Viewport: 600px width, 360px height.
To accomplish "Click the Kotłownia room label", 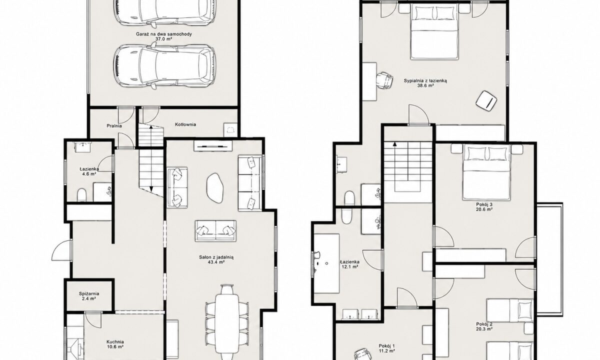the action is (185, 124).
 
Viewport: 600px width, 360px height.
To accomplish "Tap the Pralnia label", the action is (114, 125).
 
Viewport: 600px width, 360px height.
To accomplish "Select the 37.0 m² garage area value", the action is (163, 39).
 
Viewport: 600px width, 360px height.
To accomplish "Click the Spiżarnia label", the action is (89, 293).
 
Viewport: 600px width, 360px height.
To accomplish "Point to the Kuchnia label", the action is (115, 342).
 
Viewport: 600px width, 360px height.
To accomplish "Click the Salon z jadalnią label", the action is (216, 257).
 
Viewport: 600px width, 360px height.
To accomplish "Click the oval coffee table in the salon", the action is (214, 188).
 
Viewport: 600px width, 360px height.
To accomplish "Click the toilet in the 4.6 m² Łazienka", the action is (81, 195).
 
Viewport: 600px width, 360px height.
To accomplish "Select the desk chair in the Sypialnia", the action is (384, 80).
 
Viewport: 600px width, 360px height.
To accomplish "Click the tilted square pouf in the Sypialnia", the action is (486, 100).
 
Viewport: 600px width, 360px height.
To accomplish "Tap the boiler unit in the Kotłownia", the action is (230, 130).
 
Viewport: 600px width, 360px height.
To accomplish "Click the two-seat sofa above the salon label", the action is (215, 231).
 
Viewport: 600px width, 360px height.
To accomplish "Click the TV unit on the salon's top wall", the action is (213, 146).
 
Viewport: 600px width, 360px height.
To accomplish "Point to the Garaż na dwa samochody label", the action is (164, 34).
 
